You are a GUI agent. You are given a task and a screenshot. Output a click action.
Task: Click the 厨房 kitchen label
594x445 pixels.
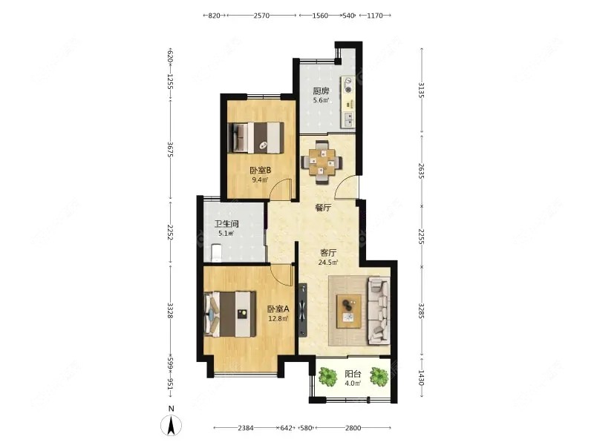click(321, 91)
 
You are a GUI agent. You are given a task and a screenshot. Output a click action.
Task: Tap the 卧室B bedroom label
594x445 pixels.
click(260, 171)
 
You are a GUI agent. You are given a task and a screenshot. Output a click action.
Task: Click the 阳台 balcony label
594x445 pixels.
click(353, 374)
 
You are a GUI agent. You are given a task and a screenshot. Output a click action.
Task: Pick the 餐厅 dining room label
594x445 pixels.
click(323, 208)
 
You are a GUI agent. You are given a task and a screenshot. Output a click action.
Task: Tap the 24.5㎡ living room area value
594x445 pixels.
click(328, 262)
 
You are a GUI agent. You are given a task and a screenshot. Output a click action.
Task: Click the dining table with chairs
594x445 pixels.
click(322, 162)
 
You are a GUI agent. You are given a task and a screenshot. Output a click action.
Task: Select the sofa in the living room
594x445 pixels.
click(379, 311)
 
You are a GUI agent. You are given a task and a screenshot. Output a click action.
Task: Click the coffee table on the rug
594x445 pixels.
click(349, 311)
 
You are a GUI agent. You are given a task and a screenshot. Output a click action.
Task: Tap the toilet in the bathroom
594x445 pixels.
click(216, 253)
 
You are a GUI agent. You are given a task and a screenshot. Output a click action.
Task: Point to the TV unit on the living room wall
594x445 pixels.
click(303, 309)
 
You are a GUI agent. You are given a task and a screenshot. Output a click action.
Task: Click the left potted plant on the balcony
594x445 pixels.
click(327, 377)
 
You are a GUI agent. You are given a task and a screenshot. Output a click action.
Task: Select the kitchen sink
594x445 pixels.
click(348, 119)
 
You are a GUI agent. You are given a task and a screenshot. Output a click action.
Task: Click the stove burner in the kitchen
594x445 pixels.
click(348, 85)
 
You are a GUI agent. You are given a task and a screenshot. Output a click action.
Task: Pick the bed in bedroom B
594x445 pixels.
click(257, 138)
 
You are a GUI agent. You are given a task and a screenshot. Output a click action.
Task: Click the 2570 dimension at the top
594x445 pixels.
click(261, 16)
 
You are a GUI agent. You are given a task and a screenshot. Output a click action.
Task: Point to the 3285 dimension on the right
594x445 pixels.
click(421, 311)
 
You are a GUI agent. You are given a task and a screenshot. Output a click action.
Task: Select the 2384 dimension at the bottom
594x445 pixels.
click(246, 428)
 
